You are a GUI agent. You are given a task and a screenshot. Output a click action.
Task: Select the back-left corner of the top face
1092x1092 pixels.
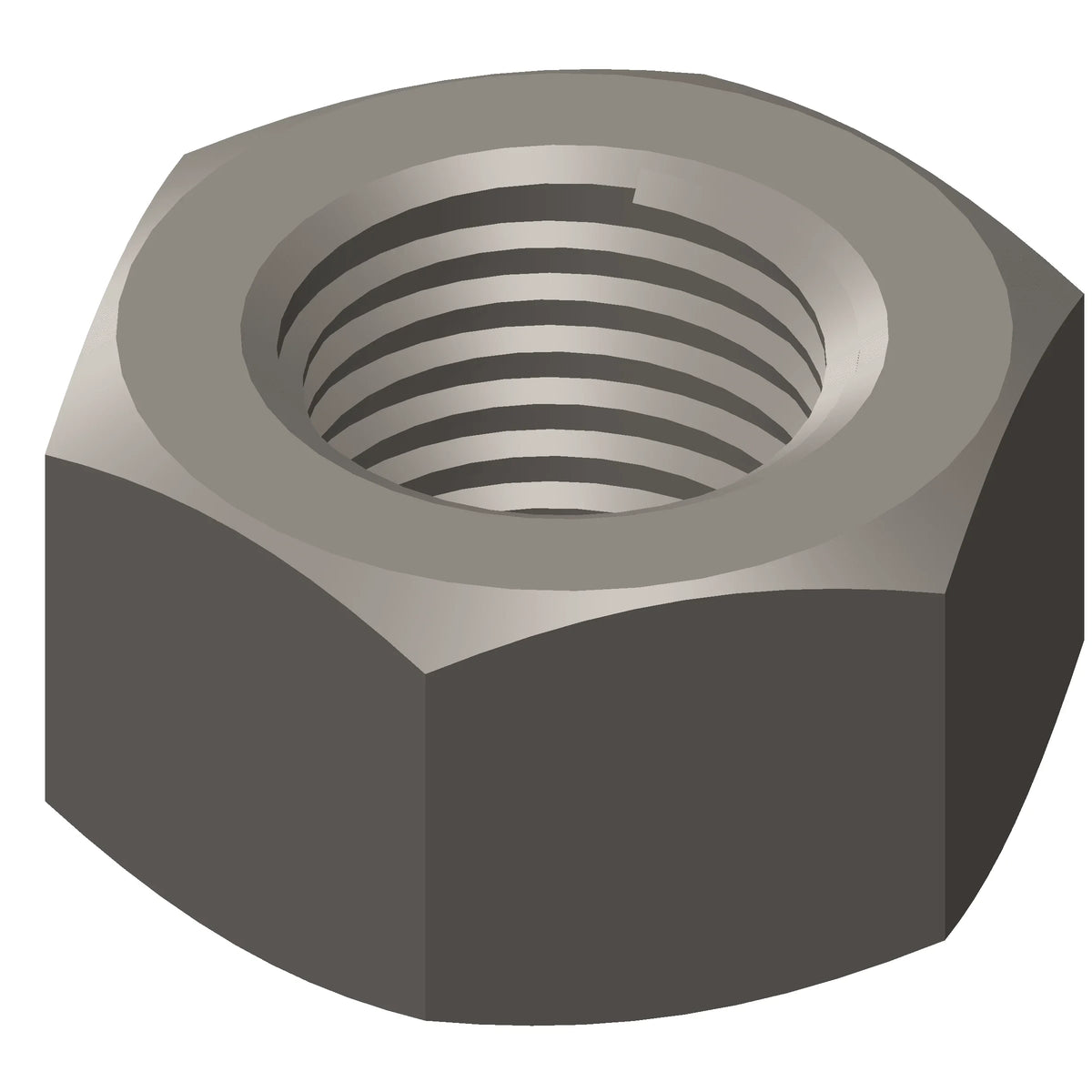coord(187,155)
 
